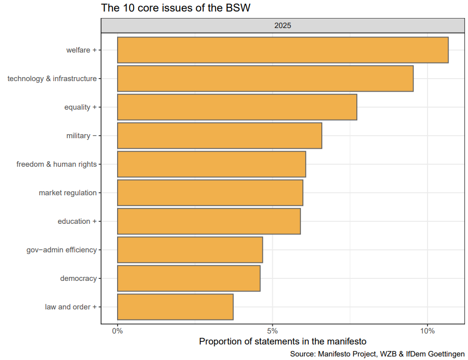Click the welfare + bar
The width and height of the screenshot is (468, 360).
coord(283,50)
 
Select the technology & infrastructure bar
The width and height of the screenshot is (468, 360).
coord(265,79)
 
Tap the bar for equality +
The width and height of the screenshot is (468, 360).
coord(237,107)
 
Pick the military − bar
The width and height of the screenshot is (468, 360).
coord(220,136)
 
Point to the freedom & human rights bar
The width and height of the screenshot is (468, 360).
coord(212,164)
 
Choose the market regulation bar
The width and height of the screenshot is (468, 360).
coord(210,193)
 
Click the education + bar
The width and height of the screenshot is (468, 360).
coord(209,221)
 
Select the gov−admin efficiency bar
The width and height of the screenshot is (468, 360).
coord(190,250)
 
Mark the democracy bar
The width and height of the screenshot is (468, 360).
coord(189,278)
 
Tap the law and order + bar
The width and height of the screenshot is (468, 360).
coord(175,307)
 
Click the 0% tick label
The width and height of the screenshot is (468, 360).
coord(118,331)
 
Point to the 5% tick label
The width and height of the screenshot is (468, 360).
coord(272,331)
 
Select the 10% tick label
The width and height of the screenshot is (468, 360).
coord(427,331)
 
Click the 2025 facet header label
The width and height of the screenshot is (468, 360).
coord(283,25)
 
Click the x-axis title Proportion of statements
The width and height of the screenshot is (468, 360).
coord(283,342)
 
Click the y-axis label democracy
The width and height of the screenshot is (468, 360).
coord(78,278)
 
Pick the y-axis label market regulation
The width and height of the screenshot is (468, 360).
coord(68,193)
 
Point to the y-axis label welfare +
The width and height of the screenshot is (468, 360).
coord(81,50)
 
